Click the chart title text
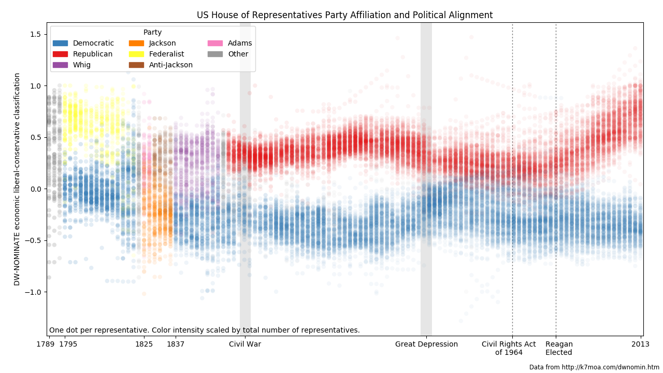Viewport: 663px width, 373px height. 344,15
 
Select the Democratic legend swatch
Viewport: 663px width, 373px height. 60,43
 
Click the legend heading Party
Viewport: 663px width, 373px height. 152,32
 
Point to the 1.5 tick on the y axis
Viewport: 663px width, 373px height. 35,34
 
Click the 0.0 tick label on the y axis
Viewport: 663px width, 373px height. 35,189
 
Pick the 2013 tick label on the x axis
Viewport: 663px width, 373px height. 641,344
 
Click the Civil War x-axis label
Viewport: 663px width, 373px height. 245,344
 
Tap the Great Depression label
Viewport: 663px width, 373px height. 426,344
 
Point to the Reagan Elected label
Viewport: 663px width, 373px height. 559,348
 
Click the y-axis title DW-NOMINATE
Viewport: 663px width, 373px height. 17,179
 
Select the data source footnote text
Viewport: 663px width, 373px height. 594,367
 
